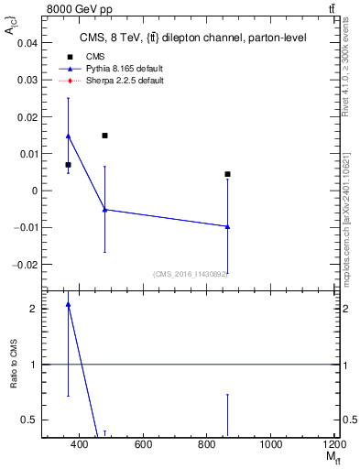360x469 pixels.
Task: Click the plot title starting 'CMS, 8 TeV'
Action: [x=193, y=38]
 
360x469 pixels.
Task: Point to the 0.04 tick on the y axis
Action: [x=27, y=43]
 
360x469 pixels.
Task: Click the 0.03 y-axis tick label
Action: [x=27, y=80]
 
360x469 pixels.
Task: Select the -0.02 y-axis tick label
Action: [x=26, y=264]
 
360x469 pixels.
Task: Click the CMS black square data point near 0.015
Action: [x=105, y=136]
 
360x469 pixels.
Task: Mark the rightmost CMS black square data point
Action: [x=227, y=174]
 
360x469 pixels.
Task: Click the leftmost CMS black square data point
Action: [x=68, y=165]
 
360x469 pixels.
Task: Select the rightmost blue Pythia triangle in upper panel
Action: [x=227, y=226]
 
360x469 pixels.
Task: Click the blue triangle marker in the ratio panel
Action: [x=68, y=304]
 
